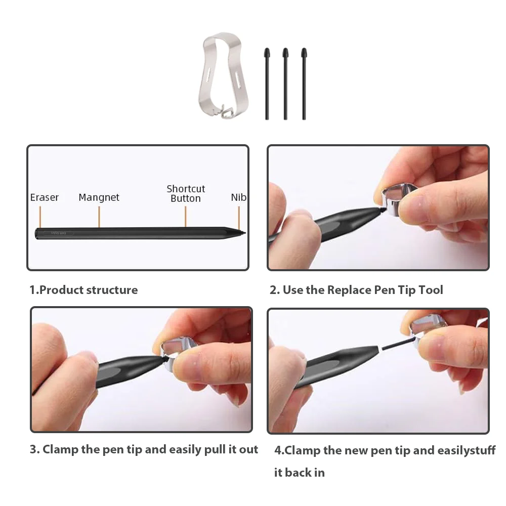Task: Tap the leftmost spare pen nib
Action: tap(267, 83)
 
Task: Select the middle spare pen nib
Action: tap(285, 83)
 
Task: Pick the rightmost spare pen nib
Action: tap(304, 83)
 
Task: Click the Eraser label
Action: tap(45, 197)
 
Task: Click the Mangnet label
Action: tap(99, 197)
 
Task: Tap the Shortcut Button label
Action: tap(186, 193)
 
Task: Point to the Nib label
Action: tap(238, 197)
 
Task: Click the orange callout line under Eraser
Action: tap(39, 218)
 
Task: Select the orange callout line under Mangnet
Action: tap(99, 218)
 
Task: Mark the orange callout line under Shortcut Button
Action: tap(186, 218)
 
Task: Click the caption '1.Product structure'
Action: tap(83, 290)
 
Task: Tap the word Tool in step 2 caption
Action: tap(431, 290)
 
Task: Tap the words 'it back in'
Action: tap(299, 473)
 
